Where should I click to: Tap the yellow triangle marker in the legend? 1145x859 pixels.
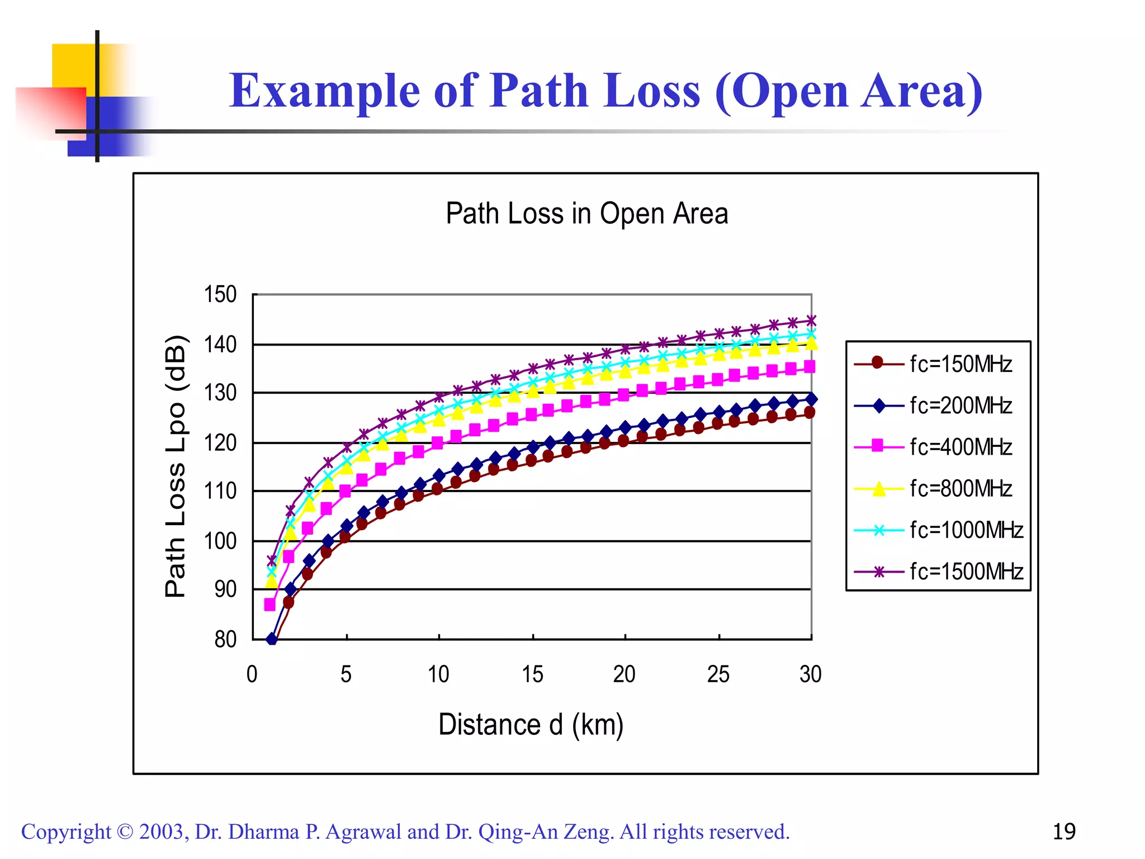879,489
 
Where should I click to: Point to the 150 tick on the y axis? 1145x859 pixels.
220,295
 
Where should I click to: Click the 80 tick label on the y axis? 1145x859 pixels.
225,639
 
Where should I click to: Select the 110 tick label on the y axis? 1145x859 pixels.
220,491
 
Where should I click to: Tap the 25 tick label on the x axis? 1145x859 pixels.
718,674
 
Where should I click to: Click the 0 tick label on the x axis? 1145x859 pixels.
252,674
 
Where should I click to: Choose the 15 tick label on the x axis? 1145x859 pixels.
532,674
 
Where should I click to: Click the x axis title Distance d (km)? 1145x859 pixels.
531,725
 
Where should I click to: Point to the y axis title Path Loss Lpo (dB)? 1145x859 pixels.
176,466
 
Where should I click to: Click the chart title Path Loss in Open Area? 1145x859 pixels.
586,214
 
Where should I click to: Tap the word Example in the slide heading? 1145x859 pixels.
324,91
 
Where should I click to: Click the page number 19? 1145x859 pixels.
1063,832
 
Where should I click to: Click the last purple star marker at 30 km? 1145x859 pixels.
811,321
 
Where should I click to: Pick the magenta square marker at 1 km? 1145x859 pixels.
270,605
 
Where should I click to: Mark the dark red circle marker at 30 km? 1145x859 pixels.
810,413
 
